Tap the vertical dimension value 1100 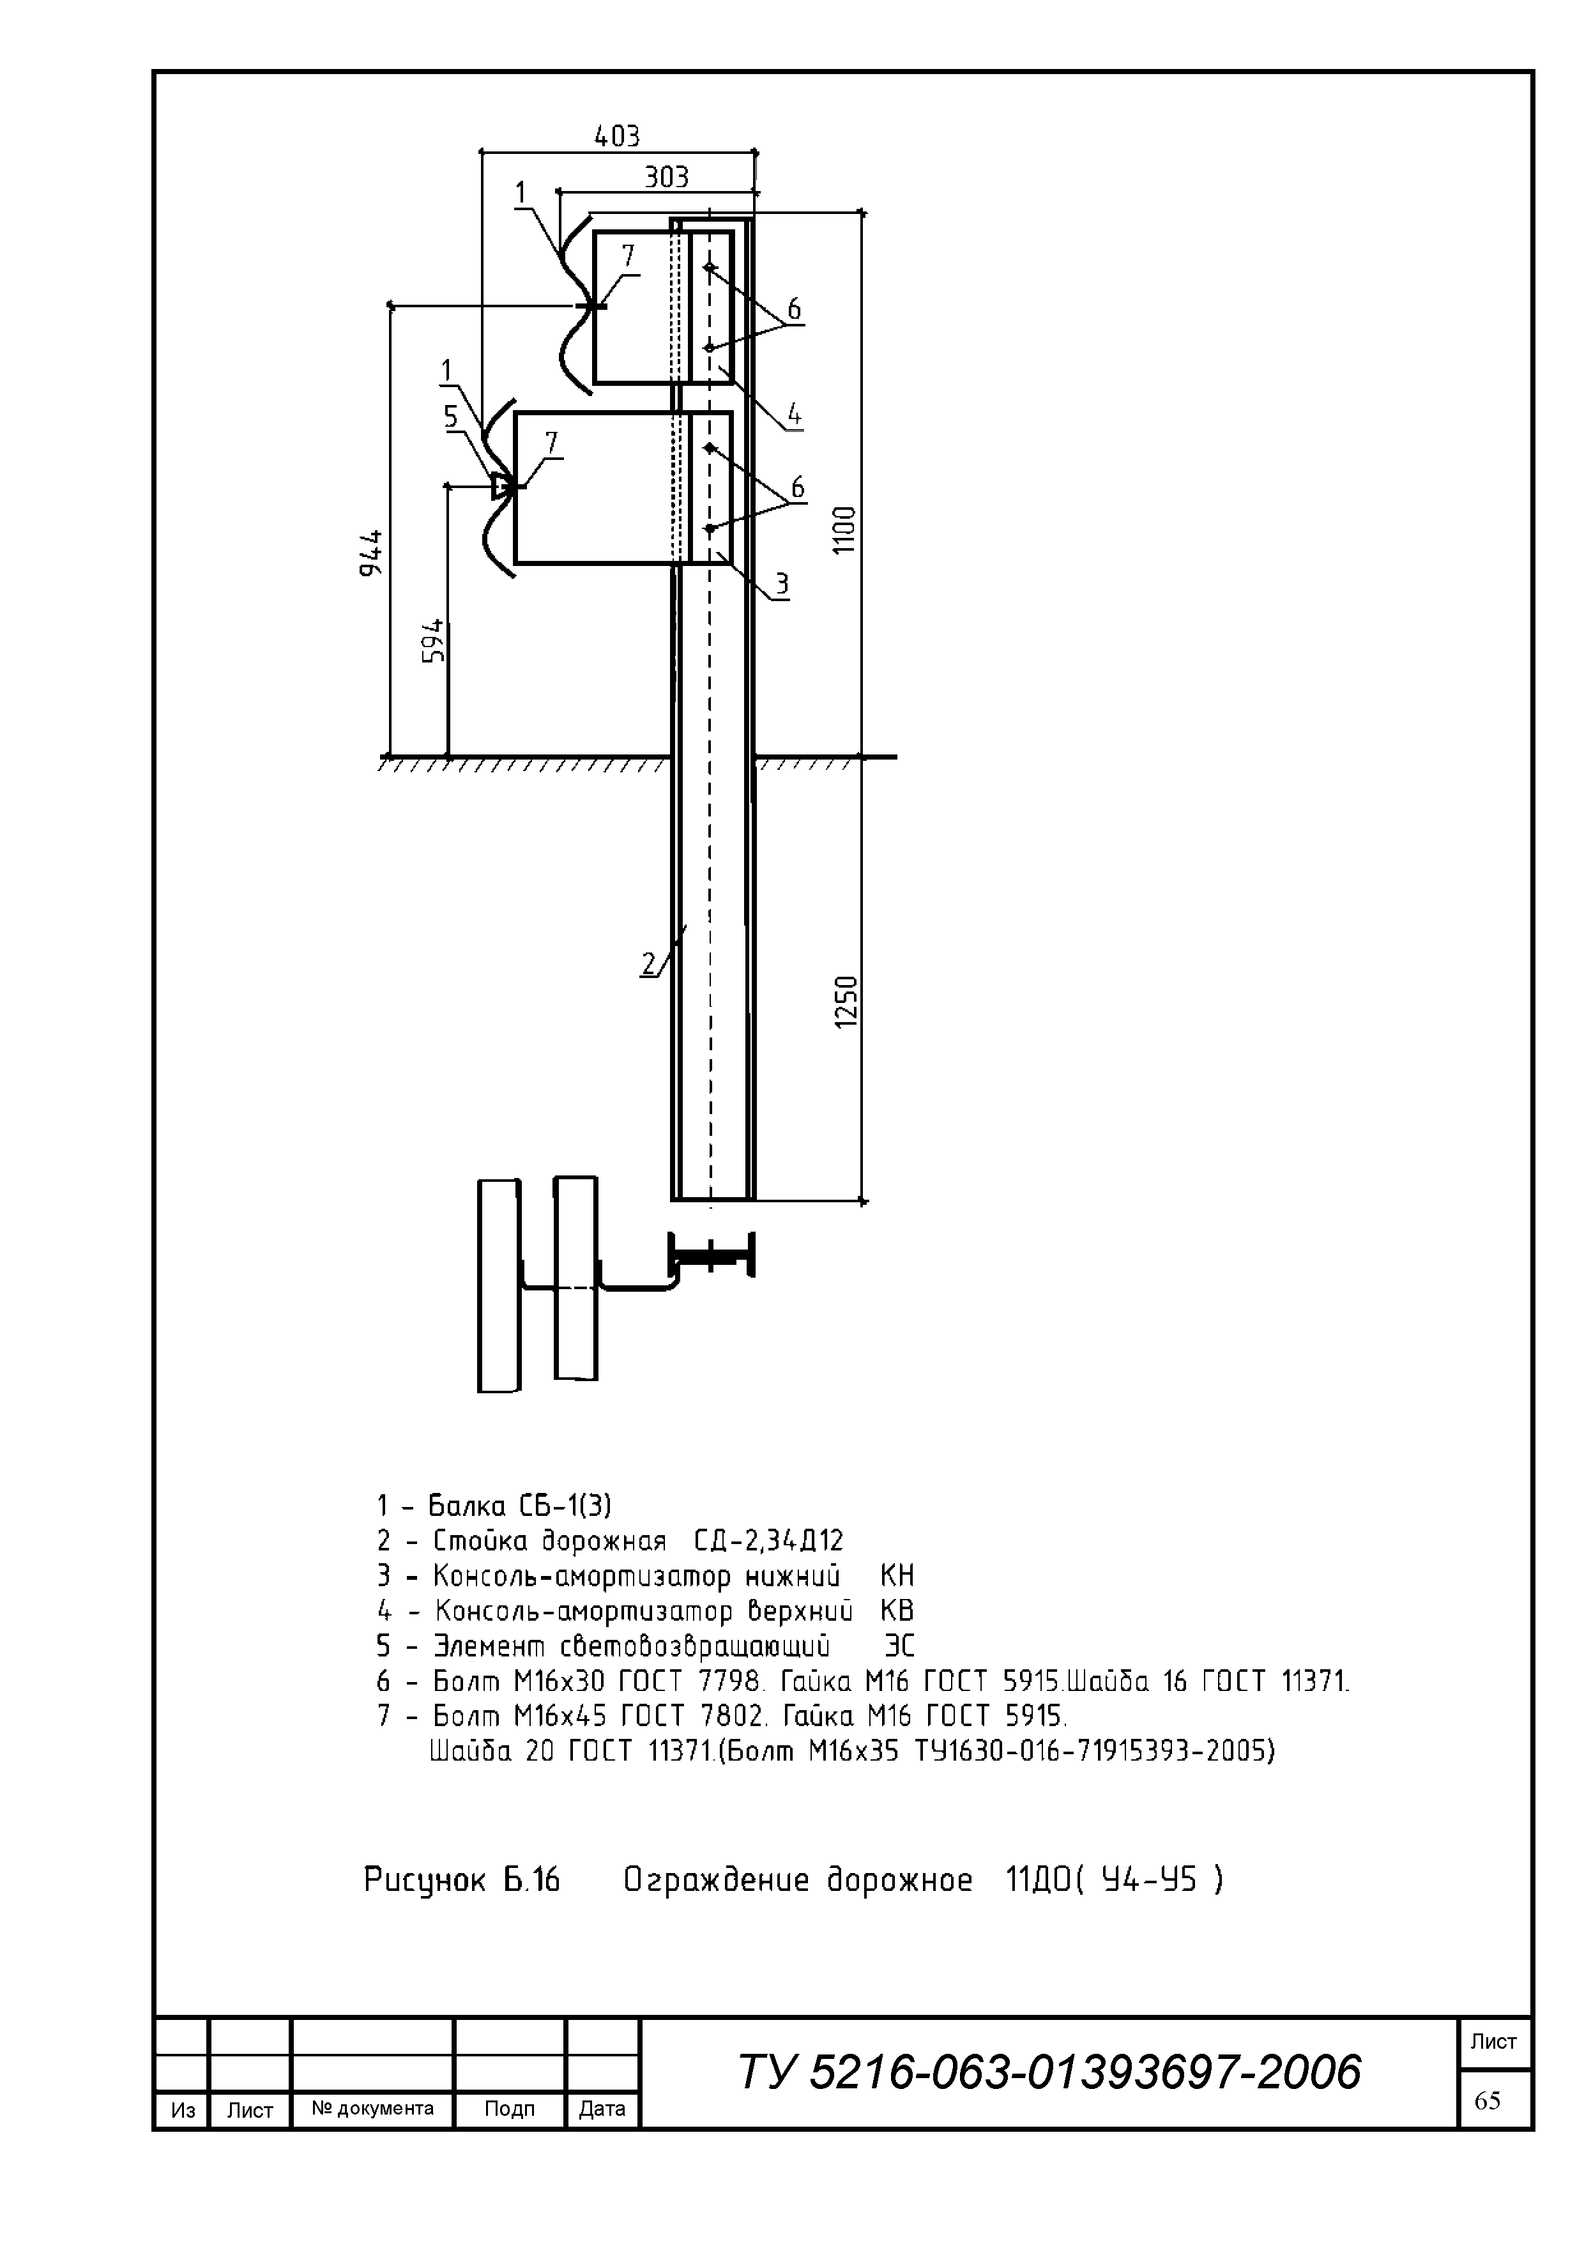(x=844, y=530)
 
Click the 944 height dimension (x=371, y=553)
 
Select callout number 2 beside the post (x=649, y=965)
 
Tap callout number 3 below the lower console (x=782, y=584)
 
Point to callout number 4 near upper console (x=795, y=415)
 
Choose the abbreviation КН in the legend (x=896, y=1577)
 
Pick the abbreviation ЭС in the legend (x=899, y=1647)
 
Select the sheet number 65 (x=1488, y=2100)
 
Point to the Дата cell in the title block (x=602, y=2108)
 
